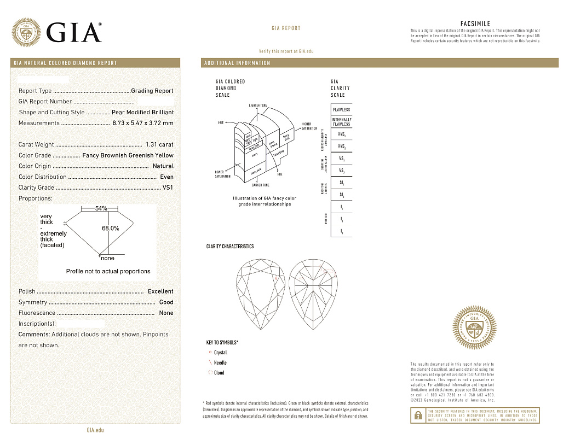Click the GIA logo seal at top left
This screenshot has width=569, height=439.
pyautogui.click(x=26, y=32)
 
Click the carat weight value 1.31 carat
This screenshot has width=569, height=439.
pyautogui.click(x=159, y=145)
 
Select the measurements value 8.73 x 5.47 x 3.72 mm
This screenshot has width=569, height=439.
pyautogui.click(x=142, y=123)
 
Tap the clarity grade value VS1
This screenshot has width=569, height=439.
pyautogui.click(x=168, y=188)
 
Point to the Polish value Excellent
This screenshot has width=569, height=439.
pyautogui.click(x=160, y=291)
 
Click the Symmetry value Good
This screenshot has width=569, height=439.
pyautogui.click(x=166, y=302)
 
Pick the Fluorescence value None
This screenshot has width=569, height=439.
pyautogui.click(x=166, y=313)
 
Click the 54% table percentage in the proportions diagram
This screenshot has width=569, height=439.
pyautogui.click(x=101, y=209)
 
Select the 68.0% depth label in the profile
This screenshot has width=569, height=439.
pyautogui.click(x=111, y=229)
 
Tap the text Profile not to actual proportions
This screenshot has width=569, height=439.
pyautogui.click(x=108, y=271)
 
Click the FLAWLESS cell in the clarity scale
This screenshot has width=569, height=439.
pyautogui.click(x=341, y=110)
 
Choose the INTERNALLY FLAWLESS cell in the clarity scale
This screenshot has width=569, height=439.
pyautogui.click(x=341, y=121)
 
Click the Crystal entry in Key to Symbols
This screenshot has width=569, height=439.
pyautogui.click(x=220, y=353)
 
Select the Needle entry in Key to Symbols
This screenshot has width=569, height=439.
pyautogui.click(x=220, y=363)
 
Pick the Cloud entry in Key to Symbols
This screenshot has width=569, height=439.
pyautogui.click(x=219, y=373)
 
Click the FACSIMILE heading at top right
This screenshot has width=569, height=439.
pyautogui.click(x=475, y=24)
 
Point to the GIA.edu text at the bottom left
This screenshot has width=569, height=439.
pyautogui.click(x=95, y=430)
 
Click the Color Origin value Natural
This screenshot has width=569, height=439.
pyautogui.click(x=163, y=166)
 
